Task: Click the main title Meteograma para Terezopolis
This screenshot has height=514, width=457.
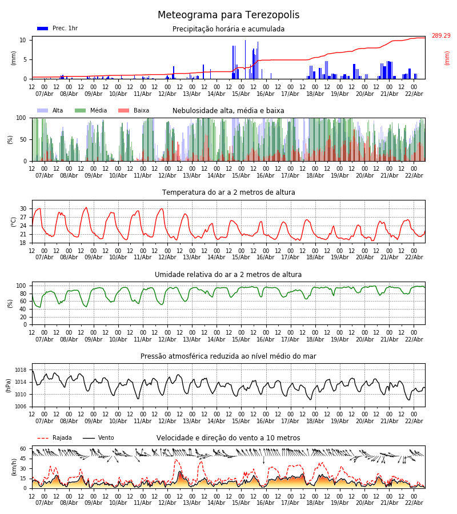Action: click(x=228, y=15)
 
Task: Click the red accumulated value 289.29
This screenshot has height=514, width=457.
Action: click(x=440, y=36)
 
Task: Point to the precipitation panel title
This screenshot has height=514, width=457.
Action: click(x=228, y=29)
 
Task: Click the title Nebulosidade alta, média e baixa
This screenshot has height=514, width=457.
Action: click(x=228, y=111)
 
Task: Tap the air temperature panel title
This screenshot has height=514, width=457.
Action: click(x=228, y=192)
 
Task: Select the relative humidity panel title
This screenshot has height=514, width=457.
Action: click(x=228, y=275)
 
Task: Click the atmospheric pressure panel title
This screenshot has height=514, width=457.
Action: click(x=228, y=356)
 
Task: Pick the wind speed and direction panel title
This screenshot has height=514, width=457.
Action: click(x=228, y=438)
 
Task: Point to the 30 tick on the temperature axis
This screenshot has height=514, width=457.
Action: click(x=23, y=208)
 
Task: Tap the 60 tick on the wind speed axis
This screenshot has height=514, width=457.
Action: click(x=23, y=449)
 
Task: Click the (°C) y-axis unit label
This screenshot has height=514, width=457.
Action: click(x=13, y=222)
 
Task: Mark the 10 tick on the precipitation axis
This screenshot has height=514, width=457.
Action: click(x=23, y=40)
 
